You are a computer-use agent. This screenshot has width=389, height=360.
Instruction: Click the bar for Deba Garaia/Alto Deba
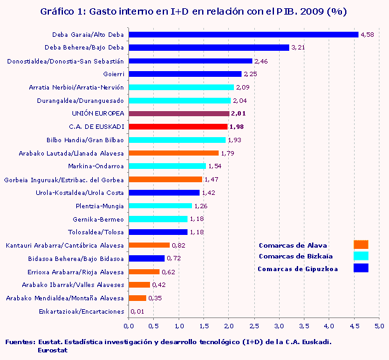[x=243, y=34]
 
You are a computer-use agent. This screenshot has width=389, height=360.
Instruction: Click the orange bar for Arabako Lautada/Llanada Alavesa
[x=174, y=153]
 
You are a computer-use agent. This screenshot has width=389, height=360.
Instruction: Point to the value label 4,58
[x=367, y=34]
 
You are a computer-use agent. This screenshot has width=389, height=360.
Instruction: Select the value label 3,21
[x=298, y=48]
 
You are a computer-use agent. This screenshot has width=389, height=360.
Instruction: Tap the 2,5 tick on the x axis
[x=254, y=326]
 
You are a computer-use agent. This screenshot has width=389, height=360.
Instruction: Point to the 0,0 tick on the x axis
[x=129, y=326]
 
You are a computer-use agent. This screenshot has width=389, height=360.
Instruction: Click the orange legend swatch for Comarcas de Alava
[x=360, y=244]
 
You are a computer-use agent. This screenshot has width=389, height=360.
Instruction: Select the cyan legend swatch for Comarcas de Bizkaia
[x=360, y=256]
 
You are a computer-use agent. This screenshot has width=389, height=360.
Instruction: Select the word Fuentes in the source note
[x=19, y=342]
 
